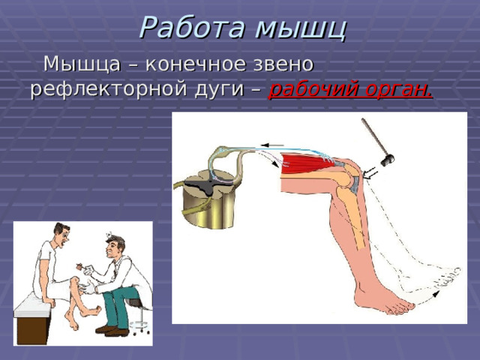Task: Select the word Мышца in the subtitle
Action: pyautogui.click(x=82, y=64)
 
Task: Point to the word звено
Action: pyautogui.click(x=283, y=64)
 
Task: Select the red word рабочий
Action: pyautogui.click(x=313, y=89)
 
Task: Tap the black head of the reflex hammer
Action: pyautogui.click(x=387, y=160)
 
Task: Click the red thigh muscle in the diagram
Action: pyautogui.click(x=308, y=164)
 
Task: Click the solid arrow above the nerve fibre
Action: pyautogui.click(x=272, y=145)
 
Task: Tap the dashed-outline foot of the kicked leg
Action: pyautogui.click(x=441, y=277)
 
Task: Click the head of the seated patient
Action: pyautogui.click(x=62, y=234)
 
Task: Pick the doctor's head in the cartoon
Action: pyautogui.click(x=115, y=247)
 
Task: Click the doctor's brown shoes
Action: pyautogui.click(x=112, y=331)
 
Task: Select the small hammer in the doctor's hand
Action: pyautogui.click(x=80, y=266)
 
